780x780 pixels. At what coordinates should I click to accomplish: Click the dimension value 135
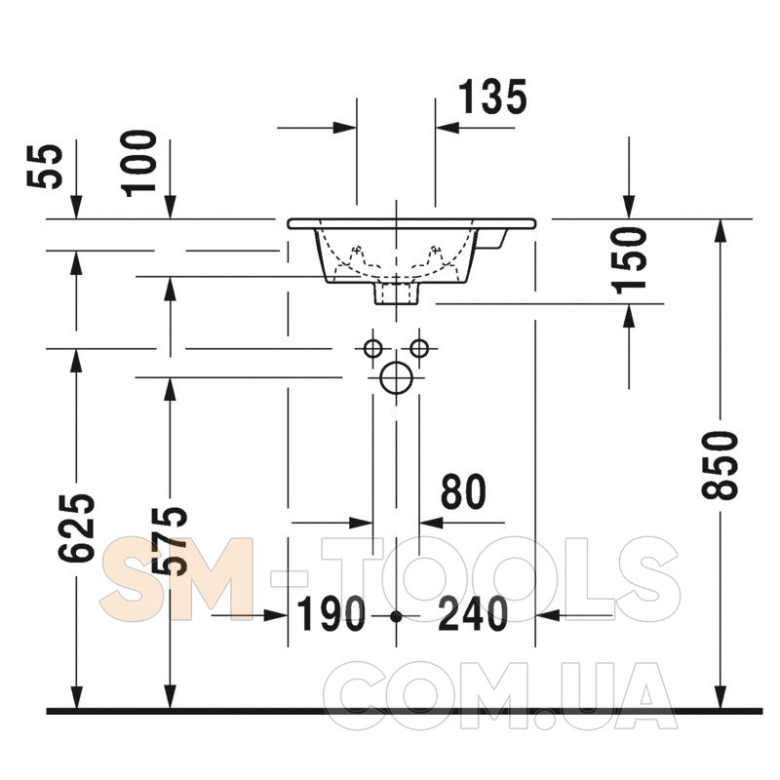pyautogui.click(x=492, y=97)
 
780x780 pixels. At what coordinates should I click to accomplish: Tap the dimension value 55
pyautogui.click(x=45, y=167)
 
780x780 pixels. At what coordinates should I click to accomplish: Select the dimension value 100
pyautogui.click(x=139, y=164)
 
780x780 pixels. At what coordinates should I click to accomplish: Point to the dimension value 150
pyautogui.click(x=630, y=260)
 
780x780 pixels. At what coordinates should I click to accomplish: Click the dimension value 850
pyautogui.click(x=720, y=465)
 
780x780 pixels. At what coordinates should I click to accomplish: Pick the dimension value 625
pyautogui.click(x=76, y=528)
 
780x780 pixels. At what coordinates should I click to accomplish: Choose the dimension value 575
pyautogui.click(x=170, y=541)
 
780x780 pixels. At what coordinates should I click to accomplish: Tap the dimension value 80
pyautogui.click(x=463, y=491)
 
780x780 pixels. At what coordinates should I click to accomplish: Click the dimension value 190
pyautogui.click(x=331, y=614)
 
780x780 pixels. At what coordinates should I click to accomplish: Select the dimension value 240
pyautogui.click(x=473, y=614)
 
